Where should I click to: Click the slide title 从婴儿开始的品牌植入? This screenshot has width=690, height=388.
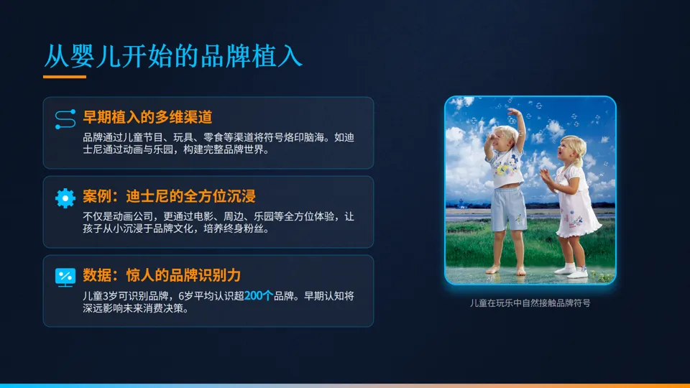tap(172, 56)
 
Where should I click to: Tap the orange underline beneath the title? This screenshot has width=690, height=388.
tap(65, 77)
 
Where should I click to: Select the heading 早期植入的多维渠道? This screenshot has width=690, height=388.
tap(147, 117)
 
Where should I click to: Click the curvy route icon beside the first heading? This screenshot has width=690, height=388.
tap(65, 119)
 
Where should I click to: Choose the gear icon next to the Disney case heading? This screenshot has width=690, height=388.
tap(65, 198)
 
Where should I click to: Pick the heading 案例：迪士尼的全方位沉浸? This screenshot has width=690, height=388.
tap(169, 196)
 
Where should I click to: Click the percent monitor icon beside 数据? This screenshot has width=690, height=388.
tap(65, 277)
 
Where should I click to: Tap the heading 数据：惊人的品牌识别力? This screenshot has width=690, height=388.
tap(162, 275)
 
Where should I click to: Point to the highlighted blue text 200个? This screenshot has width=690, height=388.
tap(259, 295)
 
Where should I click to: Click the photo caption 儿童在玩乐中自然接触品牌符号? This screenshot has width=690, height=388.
tap(530, 303)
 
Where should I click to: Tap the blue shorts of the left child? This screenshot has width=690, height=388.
tap(509, 208)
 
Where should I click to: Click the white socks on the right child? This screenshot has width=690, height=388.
tap(575, 270)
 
